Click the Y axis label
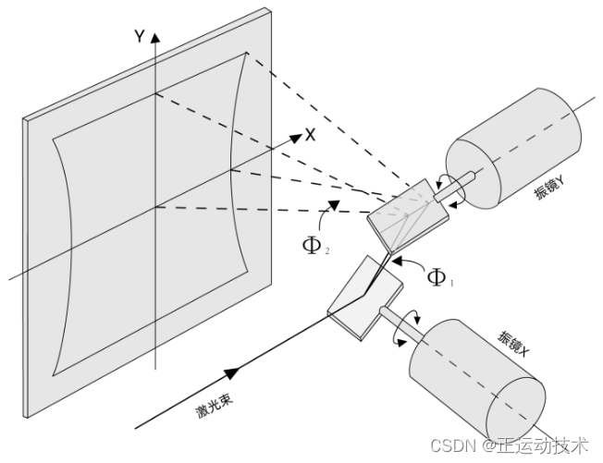pyautogui.click(x=139, y=36)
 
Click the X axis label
pyautogui.click(x=311, y=135)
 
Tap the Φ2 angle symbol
pyautogui.click(x=314, y=245)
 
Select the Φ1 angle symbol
pyautogui.click(x=437, y=276)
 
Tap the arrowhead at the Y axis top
pyautogui.click(x=156, y=38)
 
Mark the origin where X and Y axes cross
pyautogui.click(x=156, y=208)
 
